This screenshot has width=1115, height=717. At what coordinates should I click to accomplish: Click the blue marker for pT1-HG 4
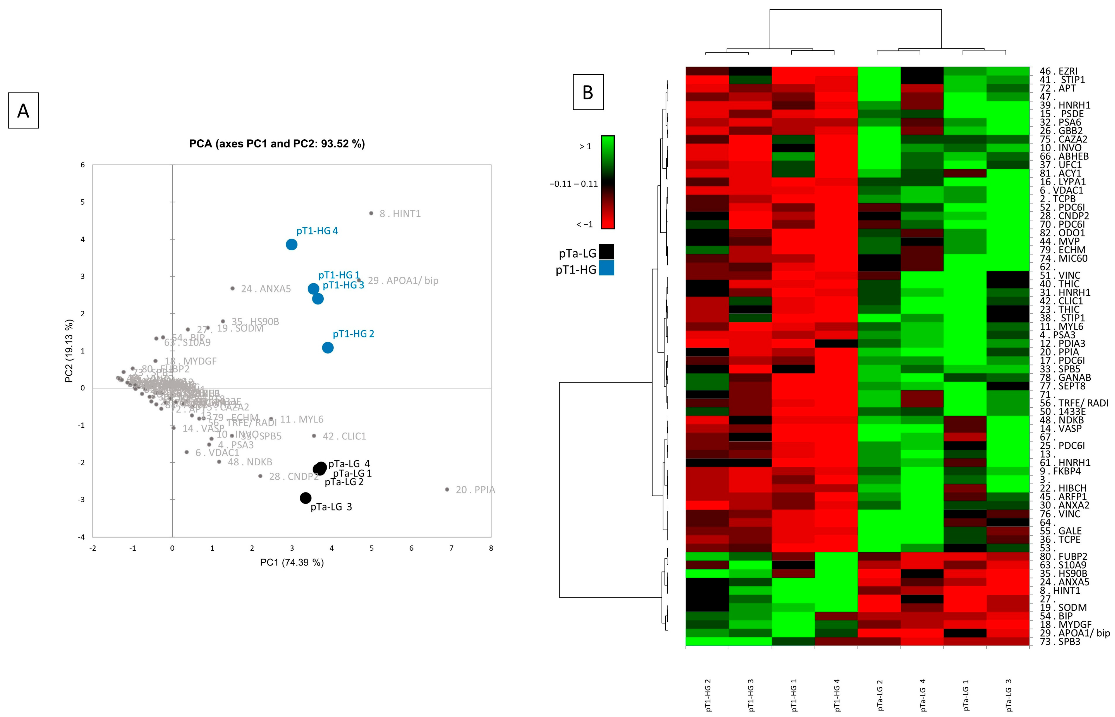[291, 244]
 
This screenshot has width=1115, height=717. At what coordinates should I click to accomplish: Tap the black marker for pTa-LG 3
[305, 498]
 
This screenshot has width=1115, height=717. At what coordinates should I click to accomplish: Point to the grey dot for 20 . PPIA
[447, 489]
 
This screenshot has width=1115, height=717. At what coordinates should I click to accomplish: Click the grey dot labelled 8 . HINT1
[371, 213]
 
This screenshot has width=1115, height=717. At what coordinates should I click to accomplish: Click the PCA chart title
[277, 144]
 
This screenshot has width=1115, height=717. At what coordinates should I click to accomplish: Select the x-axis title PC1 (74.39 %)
[292, 562]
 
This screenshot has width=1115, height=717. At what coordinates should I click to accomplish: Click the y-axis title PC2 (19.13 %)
[69, 351]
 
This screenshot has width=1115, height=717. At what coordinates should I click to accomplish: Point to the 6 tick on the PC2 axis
[83, 165]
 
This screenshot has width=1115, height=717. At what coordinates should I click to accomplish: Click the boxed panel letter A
[23, 111]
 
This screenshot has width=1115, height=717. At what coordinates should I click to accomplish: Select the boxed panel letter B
[588, 92]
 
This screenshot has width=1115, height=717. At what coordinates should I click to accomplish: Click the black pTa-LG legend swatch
[607, 252]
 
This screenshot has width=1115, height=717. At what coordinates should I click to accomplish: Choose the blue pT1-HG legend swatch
[607, 268]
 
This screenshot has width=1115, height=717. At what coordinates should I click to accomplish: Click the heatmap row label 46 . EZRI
[1059, 71]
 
